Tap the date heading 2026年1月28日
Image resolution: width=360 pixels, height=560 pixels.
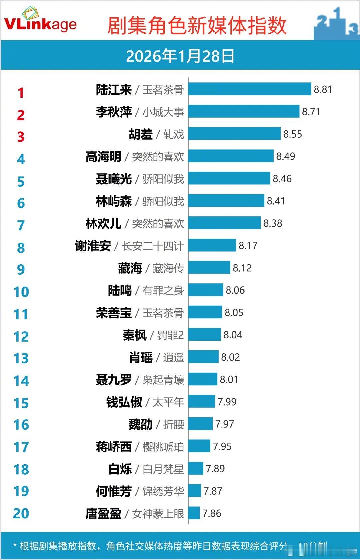pos(180,56)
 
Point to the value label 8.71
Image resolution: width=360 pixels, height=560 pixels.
pos(311,112)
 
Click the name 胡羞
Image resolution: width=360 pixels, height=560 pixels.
pos(141,134)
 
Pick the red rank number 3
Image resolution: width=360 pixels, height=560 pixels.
pos(21,137)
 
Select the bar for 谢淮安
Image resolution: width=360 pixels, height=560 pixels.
pos(212,245)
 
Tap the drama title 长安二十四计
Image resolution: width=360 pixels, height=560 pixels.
pos(153,246)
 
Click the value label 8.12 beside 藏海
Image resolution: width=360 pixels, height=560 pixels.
pos(242,268)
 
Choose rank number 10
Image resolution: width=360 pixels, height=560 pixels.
pos(21,292)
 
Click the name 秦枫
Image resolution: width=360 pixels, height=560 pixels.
pos(134,335)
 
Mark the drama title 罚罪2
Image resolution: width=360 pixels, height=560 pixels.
pos(170,335)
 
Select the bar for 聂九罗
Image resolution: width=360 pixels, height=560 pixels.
pos(203,379)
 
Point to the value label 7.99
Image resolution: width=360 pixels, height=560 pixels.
pos(227,402)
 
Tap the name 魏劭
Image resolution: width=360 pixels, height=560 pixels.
pos(140,424)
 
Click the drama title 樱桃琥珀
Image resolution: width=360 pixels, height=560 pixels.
pos(163,447)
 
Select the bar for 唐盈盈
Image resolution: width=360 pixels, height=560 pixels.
pos(194,513)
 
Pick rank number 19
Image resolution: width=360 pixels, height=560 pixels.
pos(21,491)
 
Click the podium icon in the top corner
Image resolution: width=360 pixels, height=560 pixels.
pos(336,23)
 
